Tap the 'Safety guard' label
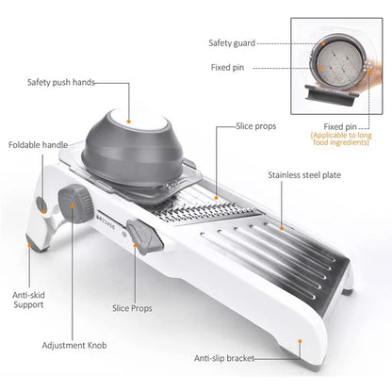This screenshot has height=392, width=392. pyautogui.click(x=230, y=42)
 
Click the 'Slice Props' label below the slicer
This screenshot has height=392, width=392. pyautogui.click(x=134, y=307)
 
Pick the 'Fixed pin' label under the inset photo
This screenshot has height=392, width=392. pyautogui.click(x=339, y=125)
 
